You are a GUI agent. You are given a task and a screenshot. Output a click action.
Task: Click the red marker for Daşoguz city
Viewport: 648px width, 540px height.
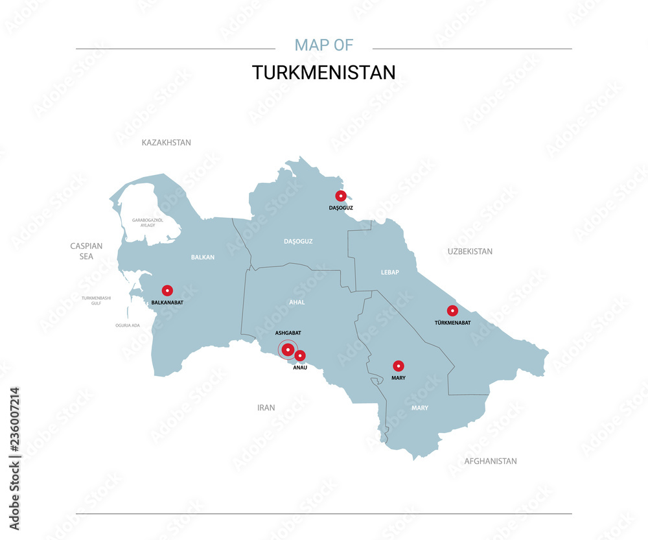pos(340,196)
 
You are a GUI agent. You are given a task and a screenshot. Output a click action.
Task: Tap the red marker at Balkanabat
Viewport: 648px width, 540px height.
pos(167,290)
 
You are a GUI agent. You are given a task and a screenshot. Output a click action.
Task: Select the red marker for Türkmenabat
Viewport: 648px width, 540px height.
pos(452,311)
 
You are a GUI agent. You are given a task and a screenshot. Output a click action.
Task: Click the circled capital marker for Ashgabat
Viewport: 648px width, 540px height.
pos(288,350)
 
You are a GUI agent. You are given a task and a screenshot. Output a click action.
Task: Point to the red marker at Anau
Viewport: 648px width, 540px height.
pos(300,355)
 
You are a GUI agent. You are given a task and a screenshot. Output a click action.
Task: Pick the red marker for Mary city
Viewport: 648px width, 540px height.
pos(399,366)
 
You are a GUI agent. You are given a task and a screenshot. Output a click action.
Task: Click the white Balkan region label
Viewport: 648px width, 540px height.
pos(203,257)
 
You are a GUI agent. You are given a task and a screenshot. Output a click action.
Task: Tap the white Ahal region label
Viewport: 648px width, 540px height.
pos(297,302)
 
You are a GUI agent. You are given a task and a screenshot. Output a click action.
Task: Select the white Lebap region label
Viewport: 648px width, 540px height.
pos(390,272)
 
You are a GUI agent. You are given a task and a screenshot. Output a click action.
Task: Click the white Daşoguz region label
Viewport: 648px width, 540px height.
pos(298,241)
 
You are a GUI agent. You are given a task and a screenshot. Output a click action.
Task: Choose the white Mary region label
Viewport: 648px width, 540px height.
pos(419,408)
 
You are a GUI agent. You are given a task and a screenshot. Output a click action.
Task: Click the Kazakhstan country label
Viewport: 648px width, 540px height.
pos(167,143)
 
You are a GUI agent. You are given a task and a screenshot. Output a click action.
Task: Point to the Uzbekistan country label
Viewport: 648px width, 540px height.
pos(470,252)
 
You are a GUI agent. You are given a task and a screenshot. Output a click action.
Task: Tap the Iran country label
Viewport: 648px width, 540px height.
pos(266,408)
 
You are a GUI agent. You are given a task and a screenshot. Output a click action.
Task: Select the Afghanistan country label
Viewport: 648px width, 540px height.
pos(491,462)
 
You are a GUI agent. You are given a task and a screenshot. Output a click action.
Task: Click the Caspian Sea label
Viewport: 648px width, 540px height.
pos(86,251)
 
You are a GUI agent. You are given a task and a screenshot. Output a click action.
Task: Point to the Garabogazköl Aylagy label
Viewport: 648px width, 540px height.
pos(148,222)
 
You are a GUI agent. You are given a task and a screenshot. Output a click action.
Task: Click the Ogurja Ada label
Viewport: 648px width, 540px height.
pos(128,325)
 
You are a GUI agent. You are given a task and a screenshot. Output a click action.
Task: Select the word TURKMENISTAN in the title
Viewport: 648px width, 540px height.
pos(323,73)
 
